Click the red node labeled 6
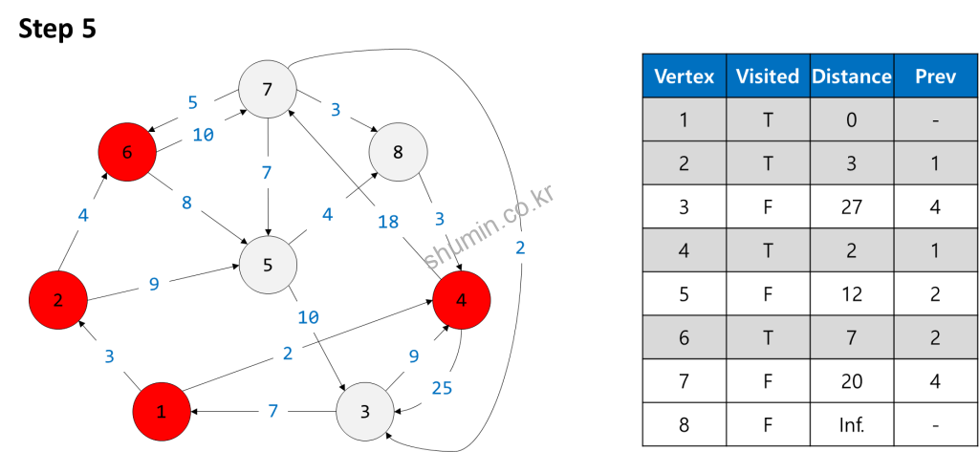point(127,151)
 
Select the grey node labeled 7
point(267,90)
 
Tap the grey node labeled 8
point(398,151)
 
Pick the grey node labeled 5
point(268,265)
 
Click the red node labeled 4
point(462,300)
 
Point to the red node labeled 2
point(58,300)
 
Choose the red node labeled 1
point(162,412)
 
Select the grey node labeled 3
point(365,412)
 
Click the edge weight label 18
point(388,222)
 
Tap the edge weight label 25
point(442,387)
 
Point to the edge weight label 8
point(186,203)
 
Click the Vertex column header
point(684,76)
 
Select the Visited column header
point(767,76)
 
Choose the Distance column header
point(851,76)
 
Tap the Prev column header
point(935,76)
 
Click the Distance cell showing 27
point(851,206)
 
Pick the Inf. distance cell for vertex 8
point(851,424)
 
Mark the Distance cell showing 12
point(851,293)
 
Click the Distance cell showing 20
point(851,381)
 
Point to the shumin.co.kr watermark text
point(489,227)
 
